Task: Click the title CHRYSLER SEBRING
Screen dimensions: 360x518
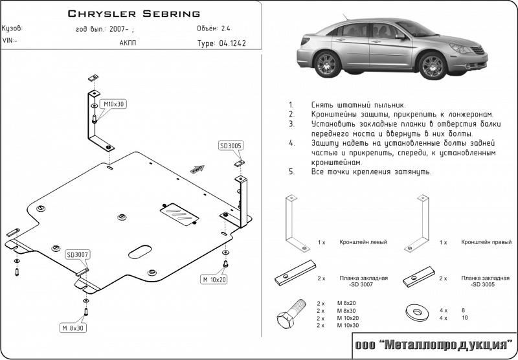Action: click(134, 13)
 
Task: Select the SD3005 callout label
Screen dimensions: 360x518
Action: click(230, 146)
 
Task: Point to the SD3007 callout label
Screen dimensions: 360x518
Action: click(78, 254)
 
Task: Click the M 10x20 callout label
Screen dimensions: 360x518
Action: click(214, 280)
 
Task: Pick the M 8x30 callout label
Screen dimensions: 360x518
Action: click(73, 328)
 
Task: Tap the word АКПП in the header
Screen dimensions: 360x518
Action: click(128, 43)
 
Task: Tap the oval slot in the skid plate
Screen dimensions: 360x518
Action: click(141, 251)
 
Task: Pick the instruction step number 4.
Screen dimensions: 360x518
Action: click(292, 142)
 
